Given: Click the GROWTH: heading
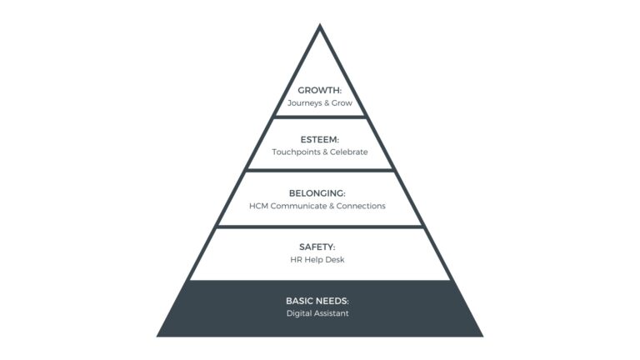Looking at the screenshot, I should (x=320, y=90).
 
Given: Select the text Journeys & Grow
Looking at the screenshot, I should (x=320, y=103).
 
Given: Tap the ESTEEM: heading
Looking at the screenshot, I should (x=320, y=139).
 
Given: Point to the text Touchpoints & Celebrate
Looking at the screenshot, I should (x=320, y=152).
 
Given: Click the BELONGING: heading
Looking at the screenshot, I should (x=320, y=192).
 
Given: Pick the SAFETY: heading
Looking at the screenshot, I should (x=320, y=247).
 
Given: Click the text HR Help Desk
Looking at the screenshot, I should (x=320, y=260).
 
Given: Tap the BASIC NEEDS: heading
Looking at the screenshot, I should (x=320, y=300).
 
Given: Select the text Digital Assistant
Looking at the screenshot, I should (x=320, y=313).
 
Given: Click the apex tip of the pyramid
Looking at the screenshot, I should (x=320, y=26).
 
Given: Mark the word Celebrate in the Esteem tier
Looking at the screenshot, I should (x=348, y=152).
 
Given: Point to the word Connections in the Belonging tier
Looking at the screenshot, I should (x=361, y=206).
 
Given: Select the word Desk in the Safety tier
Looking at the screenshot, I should (x=336, y=260).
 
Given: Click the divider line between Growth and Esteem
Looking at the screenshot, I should (x=320, y=117).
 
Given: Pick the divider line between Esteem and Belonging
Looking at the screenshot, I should (x=320, y=170).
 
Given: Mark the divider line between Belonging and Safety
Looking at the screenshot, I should (x=320, y=226).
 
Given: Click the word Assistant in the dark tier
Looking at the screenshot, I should (x=333, y=313).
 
